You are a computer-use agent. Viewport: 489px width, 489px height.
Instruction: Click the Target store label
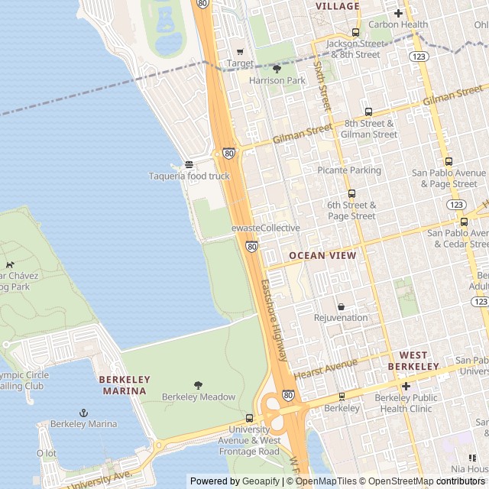239,63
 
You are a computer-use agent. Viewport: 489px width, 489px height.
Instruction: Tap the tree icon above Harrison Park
277,69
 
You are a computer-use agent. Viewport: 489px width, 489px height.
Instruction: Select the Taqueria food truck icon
189,165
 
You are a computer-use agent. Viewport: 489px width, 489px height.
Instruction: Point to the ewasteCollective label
265,228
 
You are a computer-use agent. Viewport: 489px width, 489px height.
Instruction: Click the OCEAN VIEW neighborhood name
322,256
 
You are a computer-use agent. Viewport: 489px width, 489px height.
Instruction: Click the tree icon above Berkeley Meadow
199,385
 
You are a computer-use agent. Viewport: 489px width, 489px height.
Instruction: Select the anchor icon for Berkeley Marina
84,413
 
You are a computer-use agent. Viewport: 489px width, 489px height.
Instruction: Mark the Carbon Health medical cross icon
398,13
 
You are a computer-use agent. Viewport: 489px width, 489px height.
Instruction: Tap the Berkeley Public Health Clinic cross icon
406,387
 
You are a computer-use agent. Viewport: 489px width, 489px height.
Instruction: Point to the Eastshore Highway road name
274,321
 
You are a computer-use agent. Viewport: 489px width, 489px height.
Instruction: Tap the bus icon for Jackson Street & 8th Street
355,32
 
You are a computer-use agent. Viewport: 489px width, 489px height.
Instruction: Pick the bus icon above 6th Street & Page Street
351,194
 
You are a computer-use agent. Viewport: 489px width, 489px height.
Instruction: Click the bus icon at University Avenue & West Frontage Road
249,419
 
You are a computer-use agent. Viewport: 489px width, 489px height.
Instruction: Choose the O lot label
47,453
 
